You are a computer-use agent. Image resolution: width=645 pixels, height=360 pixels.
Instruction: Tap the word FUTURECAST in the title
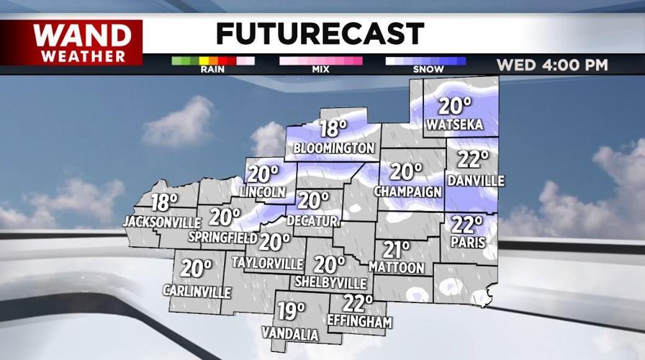pyautogui.click(x=320, y=33)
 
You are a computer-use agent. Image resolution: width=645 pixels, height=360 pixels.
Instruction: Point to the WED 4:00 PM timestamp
pyautogui.click(x=552, y=66)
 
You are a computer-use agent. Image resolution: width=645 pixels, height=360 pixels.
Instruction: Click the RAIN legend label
pyautogui.click(x=213, y=71)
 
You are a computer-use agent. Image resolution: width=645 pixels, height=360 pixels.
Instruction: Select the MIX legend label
pyautogui.click(x=320, y=71)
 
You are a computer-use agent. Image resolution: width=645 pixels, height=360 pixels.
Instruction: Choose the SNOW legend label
pyautogui.click(x=425, y=71)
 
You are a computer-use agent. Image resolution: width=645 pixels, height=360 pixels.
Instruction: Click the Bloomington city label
pyautogui.click(x=334, y=148)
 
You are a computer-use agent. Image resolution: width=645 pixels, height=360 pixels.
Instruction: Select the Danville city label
pyautogui.click(x=475, y=180)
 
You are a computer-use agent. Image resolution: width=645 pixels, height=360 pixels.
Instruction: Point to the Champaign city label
pyautogui.click(x=407, y=192)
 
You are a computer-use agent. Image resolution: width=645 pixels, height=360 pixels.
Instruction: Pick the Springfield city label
pyautogui.click(x=223, y=236)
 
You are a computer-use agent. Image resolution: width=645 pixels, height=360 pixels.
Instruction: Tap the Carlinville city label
pyautogui.click(x=197, y=292)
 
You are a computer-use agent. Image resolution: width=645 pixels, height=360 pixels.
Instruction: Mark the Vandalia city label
pyautogui.click(x=290, y=334)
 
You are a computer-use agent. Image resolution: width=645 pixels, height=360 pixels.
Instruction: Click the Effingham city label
pyautogui.click(x=358, y=322)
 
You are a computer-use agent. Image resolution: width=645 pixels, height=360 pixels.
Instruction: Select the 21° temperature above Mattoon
pyautogui.click(x=396, y=249)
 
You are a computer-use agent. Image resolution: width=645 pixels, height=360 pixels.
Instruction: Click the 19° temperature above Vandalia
pyautogui.click(x=292, y=312)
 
